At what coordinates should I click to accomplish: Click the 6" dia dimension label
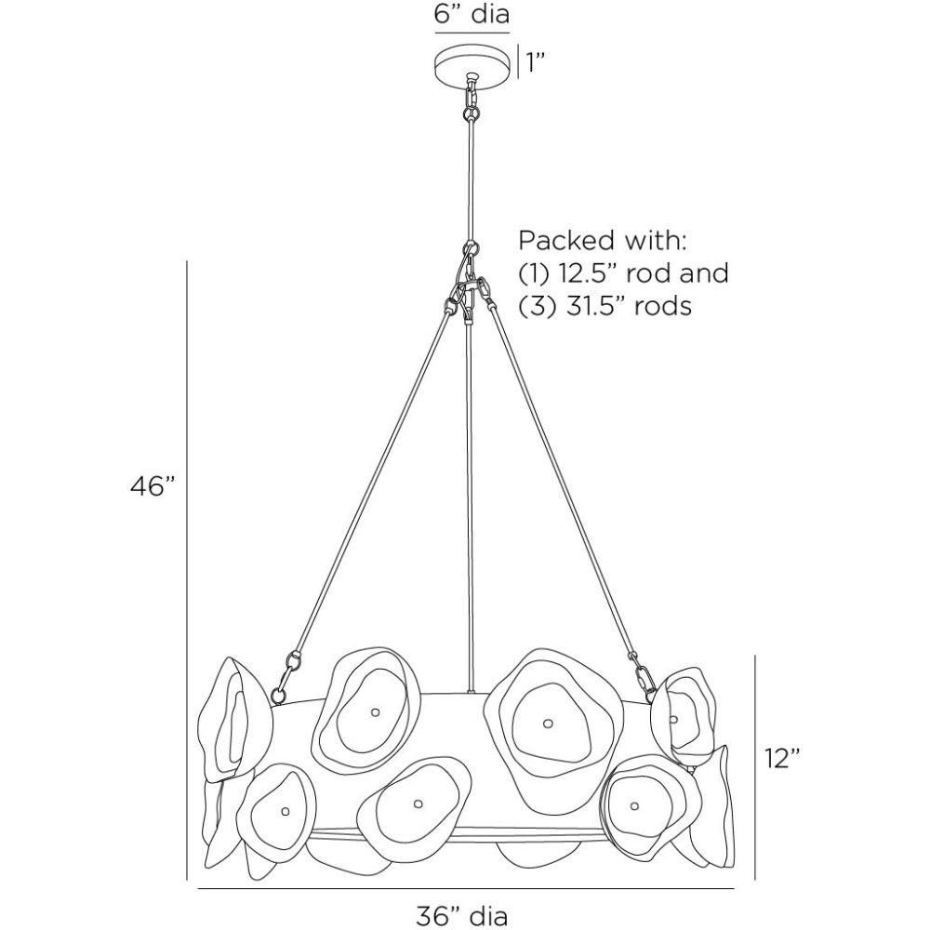pyautogui.click(x=472, y=16)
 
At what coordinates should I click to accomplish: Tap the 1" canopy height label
pyautogui.click(x=534, y=63)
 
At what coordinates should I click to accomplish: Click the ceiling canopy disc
pyautogui.click(x=472, y=64)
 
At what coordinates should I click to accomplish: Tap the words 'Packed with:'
pyautogui.click(x=602, y=241)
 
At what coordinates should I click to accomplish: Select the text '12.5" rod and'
pyautogui.click(x=641, y=273)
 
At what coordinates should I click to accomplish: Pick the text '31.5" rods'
pyautogui.click(x=629, y=306)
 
